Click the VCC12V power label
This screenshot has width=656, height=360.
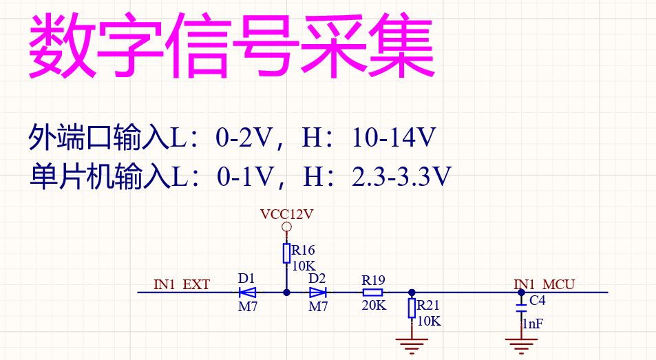[287, 214]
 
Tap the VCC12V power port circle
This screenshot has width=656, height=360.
[287, 227]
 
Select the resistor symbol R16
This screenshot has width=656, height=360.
[287, 253]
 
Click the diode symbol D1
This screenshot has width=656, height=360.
[248, 293]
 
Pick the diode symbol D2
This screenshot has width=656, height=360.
[317, 293]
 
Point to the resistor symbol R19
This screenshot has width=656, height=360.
[373, 293]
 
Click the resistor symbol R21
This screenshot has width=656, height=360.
[412, 308]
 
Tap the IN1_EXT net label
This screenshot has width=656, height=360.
[182, 284]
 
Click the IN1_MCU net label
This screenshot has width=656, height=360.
[544, 284]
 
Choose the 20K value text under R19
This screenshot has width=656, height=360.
[374, 306]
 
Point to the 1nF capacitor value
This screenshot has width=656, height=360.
[532, 323]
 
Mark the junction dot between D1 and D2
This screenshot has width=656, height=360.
[287, 293]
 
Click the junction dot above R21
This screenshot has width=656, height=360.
[412, 293]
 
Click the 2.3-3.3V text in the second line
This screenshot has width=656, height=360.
[401, 177]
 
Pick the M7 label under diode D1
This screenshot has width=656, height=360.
[248, 307]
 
